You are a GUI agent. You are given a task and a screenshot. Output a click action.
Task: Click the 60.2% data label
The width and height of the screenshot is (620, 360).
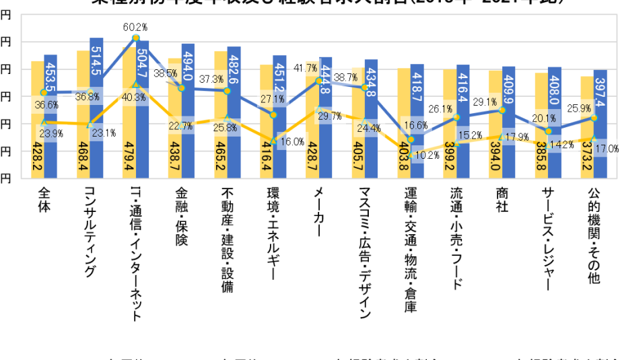pyautogui.click(x=135, y=28)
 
